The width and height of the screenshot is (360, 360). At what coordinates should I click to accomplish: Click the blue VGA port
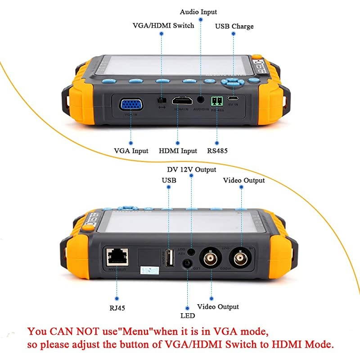[x=131, y=104]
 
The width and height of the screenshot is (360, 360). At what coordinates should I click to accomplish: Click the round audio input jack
[x=199, y=100]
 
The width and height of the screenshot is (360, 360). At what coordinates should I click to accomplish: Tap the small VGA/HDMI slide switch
[x=161, y=100]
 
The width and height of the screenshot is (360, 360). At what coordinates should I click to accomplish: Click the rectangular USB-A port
[x=169, y=258]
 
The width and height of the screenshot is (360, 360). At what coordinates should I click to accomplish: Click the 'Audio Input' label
[x=198, y=12]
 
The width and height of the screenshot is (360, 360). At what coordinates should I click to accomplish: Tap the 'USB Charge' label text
[x=234, y=27]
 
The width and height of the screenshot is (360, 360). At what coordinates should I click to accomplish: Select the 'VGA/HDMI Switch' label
[x=163, y=25]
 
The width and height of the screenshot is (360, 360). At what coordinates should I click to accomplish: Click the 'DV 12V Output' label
[x=192, y=170]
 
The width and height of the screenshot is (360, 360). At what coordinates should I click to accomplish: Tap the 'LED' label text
[x=187, y=316]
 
